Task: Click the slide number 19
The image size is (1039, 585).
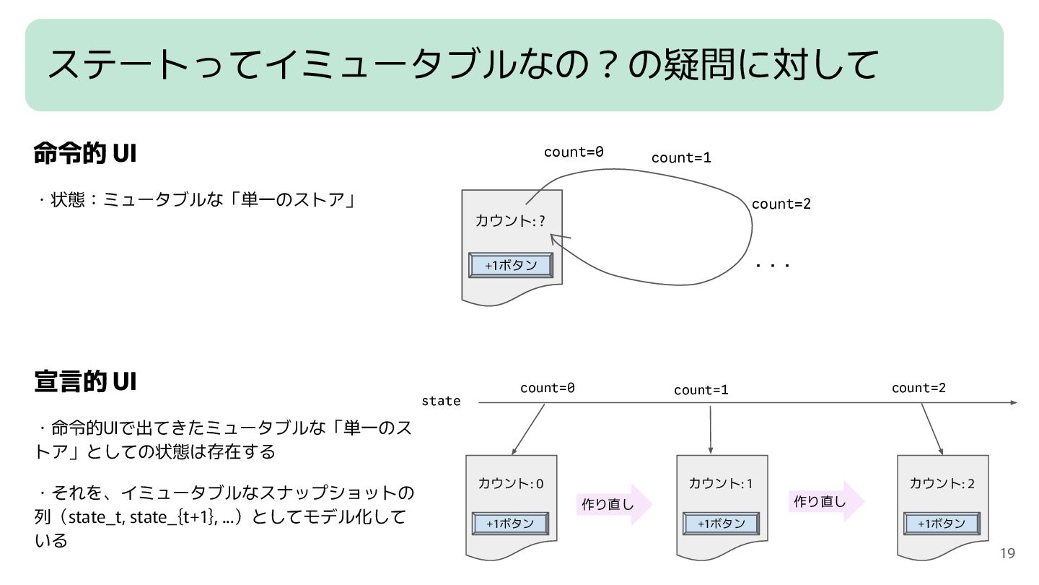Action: pos(1007,553)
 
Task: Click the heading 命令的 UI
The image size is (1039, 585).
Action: pos(85,154)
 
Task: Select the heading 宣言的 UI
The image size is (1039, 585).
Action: pos(85,381)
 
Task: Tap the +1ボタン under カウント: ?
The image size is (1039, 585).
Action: pos(511,266)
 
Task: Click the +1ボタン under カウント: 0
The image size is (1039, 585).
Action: pos(510,524)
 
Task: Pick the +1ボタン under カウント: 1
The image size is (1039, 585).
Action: pos(721,524)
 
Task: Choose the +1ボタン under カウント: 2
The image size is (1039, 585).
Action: pos(942,524)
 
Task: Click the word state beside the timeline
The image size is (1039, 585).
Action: pos(441,401)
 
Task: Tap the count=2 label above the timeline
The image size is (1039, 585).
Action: pos(919,388)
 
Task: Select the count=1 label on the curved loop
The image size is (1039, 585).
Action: pos(681,157)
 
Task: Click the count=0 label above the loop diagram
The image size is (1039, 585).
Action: pos(574,152)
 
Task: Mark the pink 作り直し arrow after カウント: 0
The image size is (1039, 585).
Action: pos(613,504)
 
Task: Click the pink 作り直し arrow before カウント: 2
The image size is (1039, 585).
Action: pos(825,500)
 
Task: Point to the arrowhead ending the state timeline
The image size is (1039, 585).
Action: pos(1013,402)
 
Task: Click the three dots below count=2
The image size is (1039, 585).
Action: pos(773,266)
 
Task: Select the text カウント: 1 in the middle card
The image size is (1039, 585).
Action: pos(720,483)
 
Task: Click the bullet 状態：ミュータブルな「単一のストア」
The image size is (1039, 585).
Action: pos(196,199)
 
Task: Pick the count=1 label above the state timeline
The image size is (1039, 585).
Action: pos(701,390)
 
